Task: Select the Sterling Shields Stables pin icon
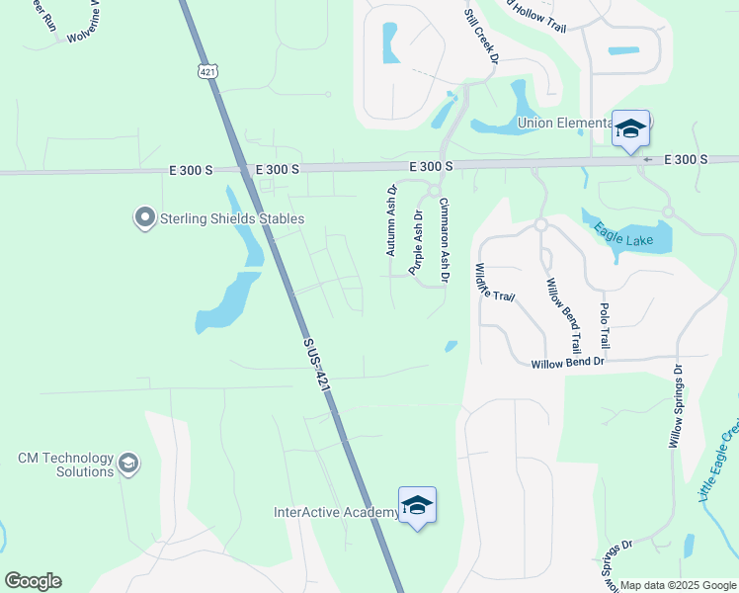coord(145,217)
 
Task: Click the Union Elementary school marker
coord(630,129)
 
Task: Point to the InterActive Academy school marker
coord(417,506)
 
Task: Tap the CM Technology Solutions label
coord(66,466)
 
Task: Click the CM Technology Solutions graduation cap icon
coord(128,464)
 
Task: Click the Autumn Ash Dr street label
coord(391,219)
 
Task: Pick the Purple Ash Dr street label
coord(417,240)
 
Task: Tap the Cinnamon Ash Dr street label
coord(444,240)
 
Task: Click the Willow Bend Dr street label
coord(567,364)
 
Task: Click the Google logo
coord(33,581)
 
